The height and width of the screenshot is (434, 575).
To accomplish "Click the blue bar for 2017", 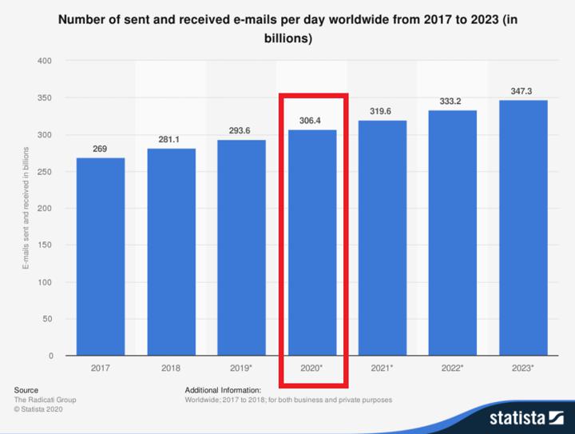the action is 101,257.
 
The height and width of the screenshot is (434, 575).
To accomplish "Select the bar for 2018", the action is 171,252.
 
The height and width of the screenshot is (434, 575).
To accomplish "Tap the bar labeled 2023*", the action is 523,228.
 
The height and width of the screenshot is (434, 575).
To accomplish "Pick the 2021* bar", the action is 383,237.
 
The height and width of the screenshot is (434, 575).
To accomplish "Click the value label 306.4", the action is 310,121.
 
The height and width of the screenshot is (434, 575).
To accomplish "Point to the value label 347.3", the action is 521,91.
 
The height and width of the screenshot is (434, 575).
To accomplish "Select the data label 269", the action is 100,149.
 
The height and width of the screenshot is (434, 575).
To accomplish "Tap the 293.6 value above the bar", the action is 240,130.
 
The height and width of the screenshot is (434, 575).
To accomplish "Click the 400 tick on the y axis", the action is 45,61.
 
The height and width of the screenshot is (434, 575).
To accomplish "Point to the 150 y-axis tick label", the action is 45,245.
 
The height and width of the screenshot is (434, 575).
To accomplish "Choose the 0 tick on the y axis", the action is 51,356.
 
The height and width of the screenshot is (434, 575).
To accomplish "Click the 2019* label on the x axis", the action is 241,368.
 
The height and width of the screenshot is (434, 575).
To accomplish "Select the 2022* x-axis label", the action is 452,368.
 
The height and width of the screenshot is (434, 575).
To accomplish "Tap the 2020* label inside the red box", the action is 311,368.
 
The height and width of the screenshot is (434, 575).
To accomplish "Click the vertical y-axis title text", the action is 26,208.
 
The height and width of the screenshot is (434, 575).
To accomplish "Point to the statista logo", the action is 526,418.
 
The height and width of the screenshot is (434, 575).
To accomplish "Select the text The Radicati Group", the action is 45,400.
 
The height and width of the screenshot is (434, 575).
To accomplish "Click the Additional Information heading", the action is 223,390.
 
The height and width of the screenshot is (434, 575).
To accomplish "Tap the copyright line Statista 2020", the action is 38,409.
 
